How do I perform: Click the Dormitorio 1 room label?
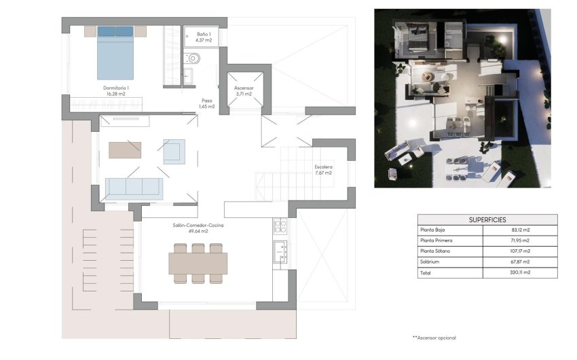point(116,91)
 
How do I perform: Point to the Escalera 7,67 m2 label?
point(323,170)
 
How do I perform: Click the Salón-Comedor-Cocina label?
point(198,228)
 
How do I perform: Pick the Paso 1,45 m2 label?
point(206,103)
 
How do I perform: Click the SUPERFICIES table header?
point(487,220)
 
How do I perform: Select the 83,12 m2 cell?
point(519,230)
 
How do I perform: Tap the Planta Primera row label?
point(436,240)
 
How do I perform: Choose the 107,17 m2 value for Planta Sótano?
point(519,251)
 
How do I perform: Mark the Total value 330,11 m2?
point(519,272)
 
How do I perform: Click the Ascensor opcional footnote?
point(434,338)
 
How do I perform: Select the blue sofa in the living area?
point(134,187)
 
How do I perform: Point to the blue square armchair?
point(174,151)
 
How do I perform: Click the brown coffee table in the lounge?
point(125,149)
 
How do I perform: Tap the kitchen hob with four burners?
point(279,226)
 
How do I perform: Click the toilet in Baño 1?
point(192,58)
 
